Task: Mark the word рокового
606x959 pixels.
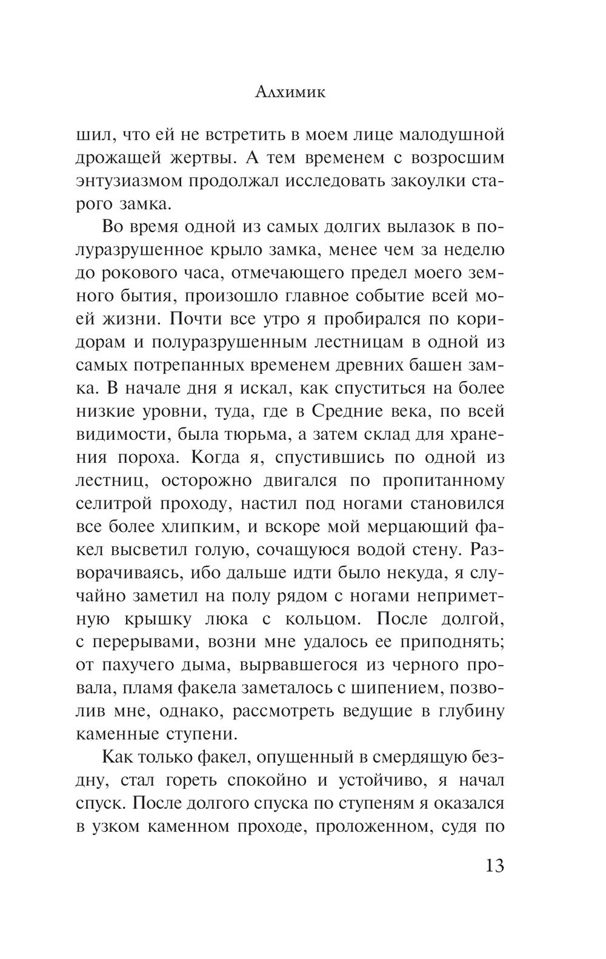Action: (148, 273)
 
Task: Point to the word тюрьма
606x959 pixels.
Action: (244, 434)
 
